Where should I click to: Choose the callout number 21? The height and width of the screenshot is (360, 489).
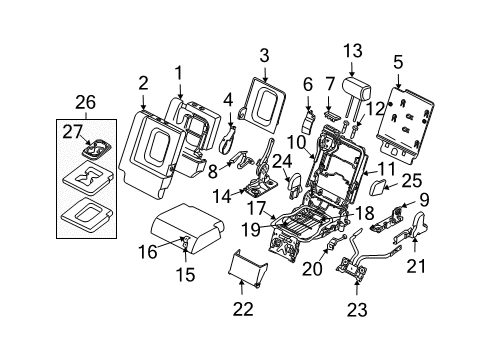(442, 292)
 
